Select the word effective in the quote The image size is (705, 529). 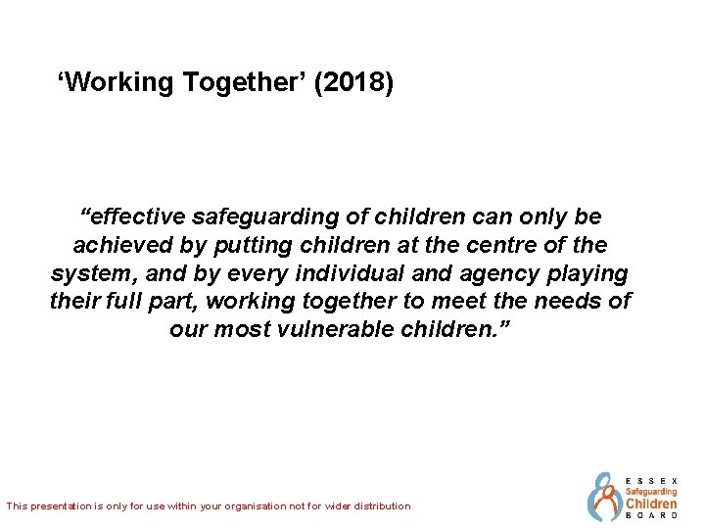click(x=137, y=216)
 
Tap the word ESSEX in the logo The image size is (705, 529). click(x=650, y=481)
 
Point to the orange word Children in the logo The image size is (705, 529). click(x=651, y=504)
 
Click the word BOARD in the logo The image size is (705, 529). click(x=651, y=515)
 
